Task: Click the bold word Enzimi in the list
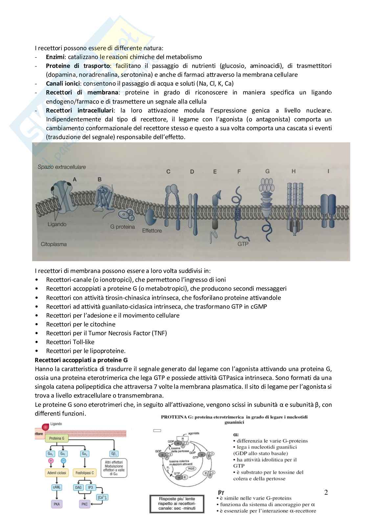click(x=55, y=57)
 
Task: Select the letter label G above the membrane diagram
click(x=267, y=171)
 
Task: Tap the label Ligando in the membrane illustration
click(x=57, y=224)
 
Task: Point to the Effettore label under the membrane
click(x=152, y=231)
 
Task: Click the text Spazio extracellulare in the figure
click(x=61, y=167)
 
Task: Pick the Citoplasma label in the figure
click(x=54, y=244)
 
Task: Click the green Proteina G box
click(x=57, y=438)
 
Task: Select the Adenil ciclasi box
click(x=57, y=473)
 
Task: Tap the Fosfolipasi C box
click(x=85, y=473)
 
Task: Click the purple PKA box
click(x=57, y=504)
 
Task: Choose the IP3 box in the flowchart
click(x=90, y=487)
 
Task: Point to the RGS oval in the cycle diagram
click(x=191, y=468)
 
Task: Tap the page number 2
click(x=326, y=492)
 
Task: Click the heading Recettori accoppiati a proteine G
click(x=81, y=360)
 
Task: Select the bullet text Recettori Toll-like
click(x=70, y=342)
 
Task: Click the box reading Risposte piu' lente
click(x=176, y=504)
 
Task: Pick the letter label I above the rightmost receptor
click(x=328, y=171)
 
